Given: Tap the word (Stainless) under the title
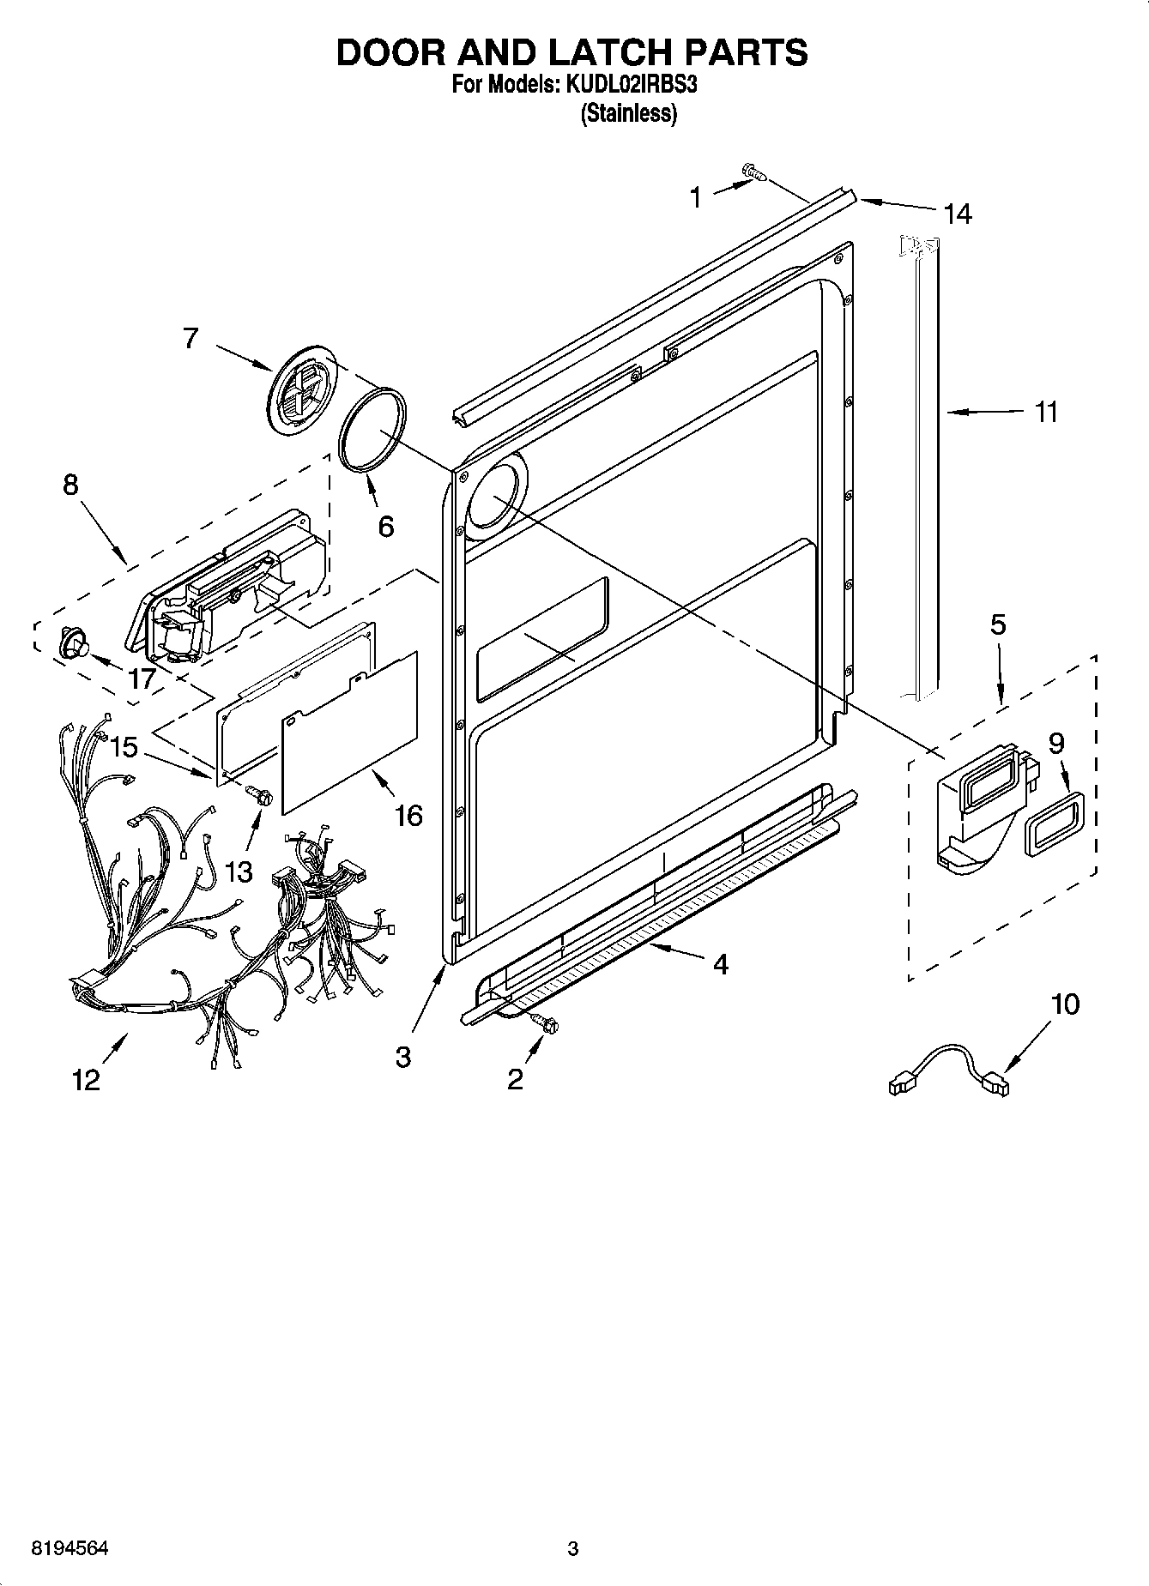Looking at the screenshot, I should pos(629,113).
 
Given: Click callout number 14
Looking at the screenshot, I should pos(957,214).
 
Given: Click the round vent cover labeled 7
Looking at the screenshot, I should pos(301,389).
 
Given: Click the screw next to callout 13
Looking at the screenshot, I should pos(257,794).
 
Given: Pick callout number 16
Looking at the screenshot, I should pos(408,815).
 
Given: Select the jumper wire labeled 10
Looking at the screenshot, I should pos(947,1068).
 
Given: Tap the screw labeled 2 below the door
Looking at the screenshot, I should pos(542,1022).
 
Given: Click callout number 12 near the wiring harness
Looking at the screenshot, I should pos(87,1079).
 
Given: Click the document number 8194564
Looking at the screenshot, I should pos(70,1548).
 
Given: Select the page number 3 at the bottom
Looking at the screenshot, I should pos(572,1548).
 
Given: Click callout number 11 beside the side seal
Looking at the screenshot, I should pos(1045,413).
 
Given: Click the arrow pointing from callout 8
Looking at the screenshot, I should pos(106,538).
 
